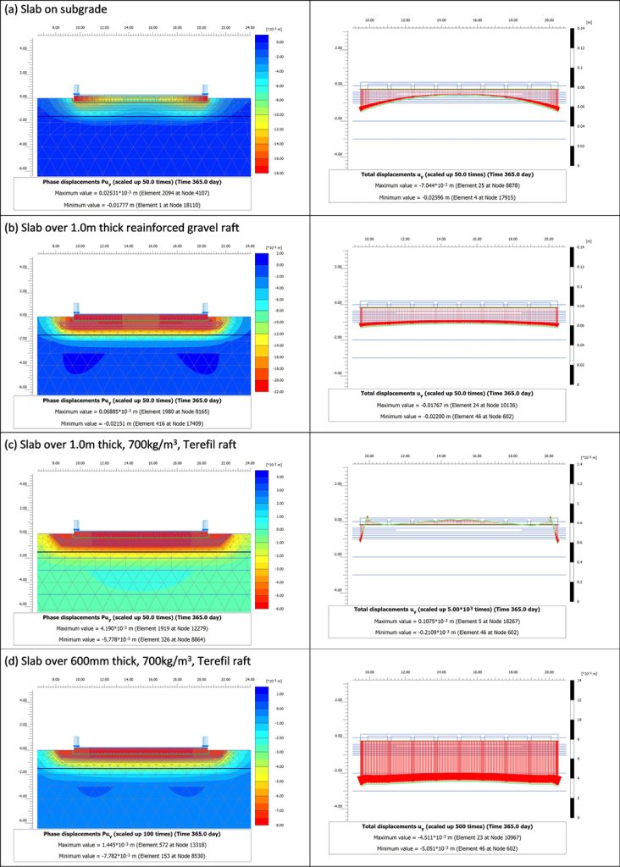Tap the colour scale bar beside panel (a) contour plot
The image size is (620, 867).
(261, 105)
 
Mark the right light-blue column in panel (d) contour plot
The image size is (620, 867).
(204, 743)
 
